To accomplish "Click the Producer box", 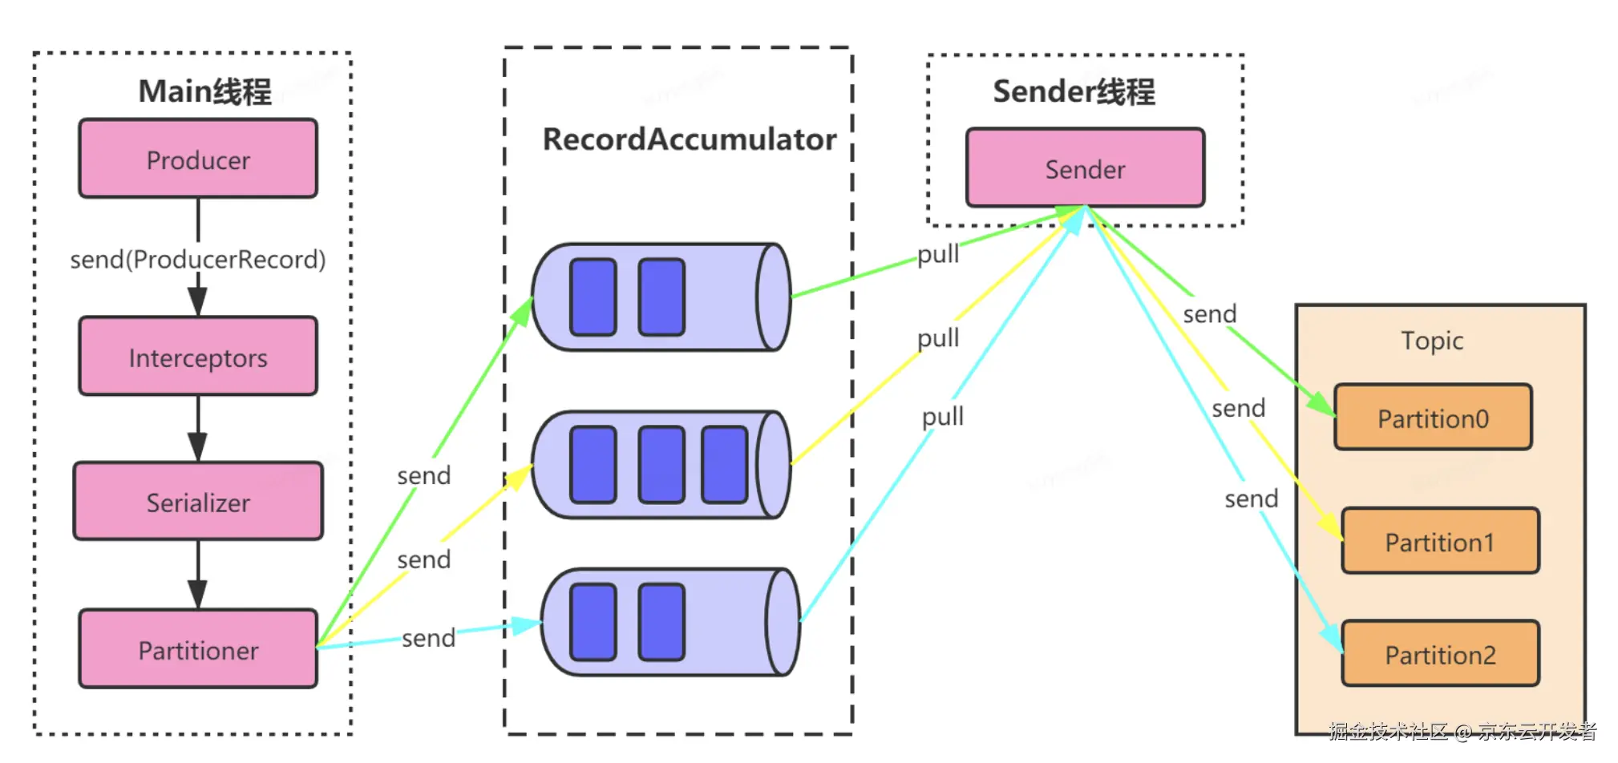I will click(198, 159).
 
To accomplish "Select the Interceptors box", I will click(198, 357).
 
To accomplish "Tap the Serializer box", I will click(198, 502).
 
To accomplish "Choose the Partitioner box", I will click(198, 649).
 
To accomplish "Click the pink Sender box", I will click(1085, 168).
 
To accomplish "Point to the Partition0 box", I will click(1433, 418).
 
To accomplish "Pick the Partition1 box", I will click(1440, 542).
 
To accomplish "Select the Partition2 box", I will click(1440, 654).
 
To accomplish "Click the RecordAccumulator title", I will click(690, 139).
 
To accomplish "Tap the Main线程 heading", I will click(205, 91).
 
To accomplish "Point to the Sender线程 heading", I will click(1074, 91).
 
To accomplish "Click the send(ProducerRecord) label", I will click(198, 259).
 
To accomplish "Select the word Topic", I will click(1432, 341).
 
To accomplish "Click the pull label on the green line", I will click(938, 254).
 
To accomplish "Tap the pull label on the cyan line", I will click(943, 417).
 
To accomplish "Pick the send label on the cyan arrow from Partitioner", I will click(428, 638).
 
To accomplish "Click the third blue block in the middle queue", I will click(724, 465).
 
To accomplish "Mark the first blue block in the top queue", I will click(593, 297).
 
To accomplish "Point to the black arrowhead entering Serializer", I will click(198, 447).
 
